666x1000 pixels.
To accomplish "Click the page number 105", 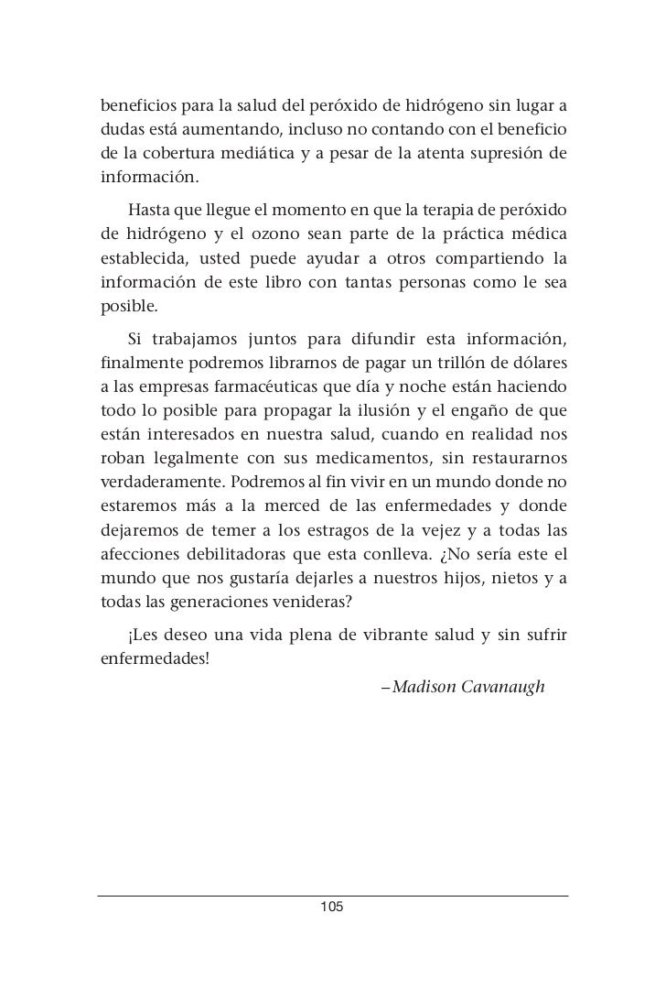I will [331, 907].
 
